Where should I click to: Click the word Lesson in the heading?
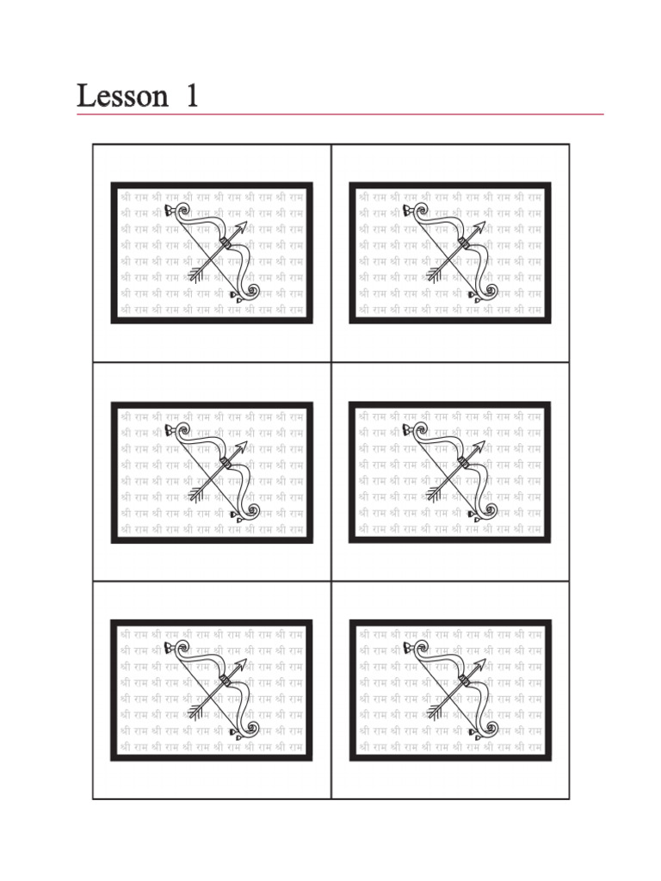[122, 95]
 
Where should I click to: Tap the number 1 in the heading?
[191, 95]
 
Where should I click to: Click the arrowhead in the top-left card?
[242, 227]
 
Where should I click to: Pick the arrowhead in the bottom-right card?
[480, 664]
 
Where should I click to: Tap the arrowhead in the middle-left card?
[242, 446]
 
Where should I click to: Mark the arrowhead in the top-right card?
[480, 227]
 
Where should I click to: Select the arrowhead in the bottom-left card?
[242, 664]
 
